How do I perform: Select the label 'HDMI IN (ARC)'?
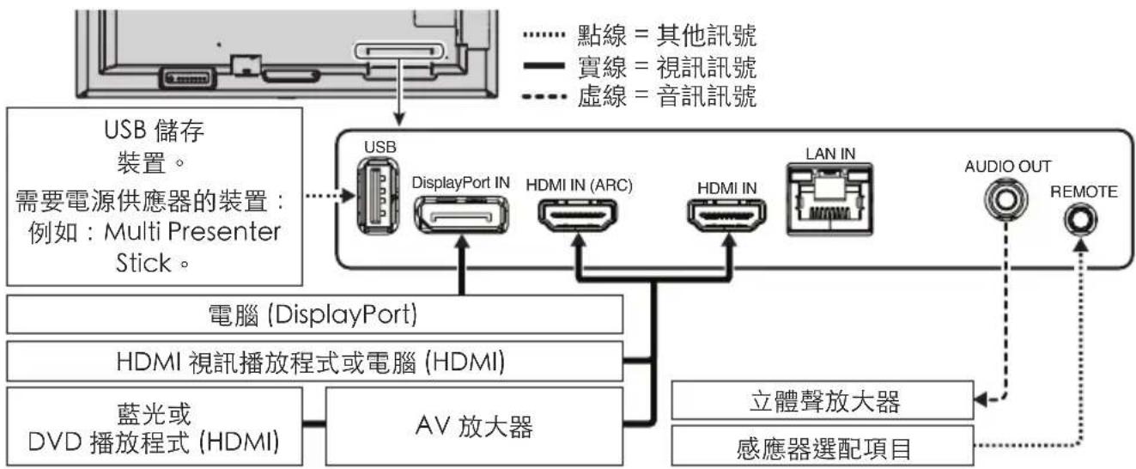[579, 184]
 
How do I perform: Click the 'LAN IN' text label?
[829, 153]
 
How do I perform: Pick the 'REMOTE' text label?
[1084, 192]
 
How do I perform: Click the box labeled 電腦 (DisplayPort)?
[313, 315]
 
